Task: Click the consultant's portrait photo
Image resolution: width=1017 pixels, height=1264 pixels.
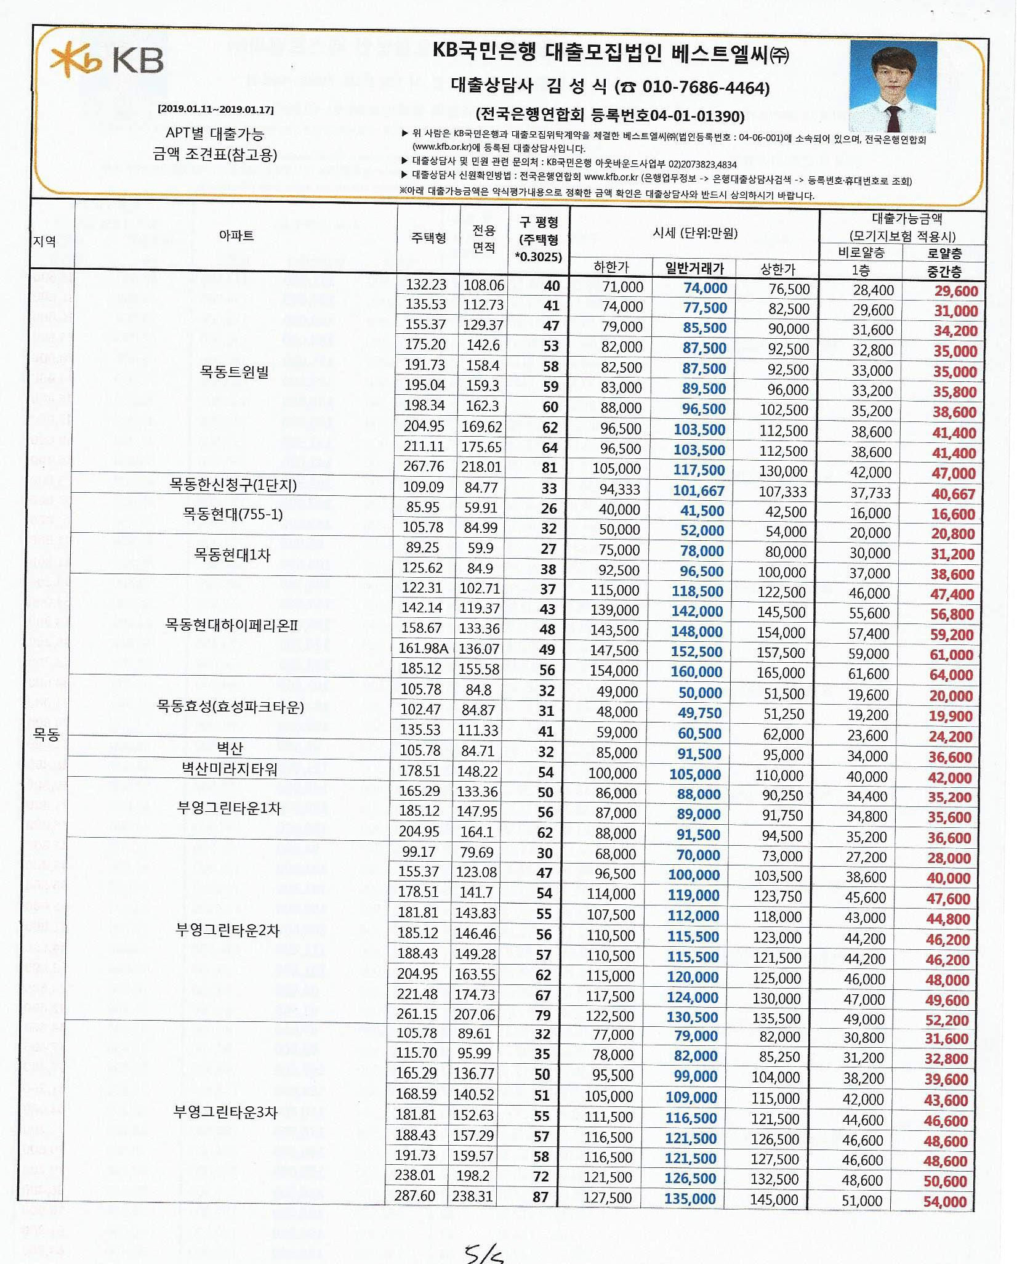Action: (893, 86)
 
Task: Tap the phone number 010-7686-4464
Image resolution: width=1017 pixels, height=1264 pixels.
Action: (705, 87)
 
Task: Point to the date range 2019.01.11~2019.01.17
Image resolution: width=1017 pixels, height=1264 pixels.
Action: (215, 110)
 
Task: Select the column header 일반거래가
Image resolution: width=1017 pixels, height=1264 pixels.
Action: (694, 268)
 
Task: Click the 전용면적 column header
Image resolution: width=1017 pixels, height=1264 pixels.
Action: (484, 238)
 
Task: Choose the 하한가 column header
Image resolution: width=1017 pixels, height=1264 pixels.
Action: (611, 267)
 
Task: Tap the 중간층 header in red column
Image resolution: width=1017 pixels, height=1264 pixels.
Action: (944, 271)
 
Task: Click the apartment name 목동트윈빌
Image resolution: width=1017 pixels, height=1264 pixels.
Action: (234, 371)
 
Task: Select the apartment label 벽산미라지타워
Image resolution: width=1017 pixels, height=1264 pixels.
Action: (229, 769)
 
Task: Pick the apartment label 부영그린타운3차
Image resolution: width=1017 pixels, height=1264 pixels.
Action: (225, 1112)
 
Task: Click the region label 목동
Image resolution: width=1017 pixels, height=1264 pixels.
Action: (46, 734)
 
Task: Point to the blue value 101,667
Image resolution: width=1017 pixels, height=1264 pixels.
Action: (698, 490)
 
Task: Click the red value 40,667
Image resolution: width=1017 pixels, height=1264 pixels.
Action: (953, 493)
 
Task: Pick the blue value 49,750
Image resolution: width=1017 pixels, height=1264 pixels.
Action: (699, 713)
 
